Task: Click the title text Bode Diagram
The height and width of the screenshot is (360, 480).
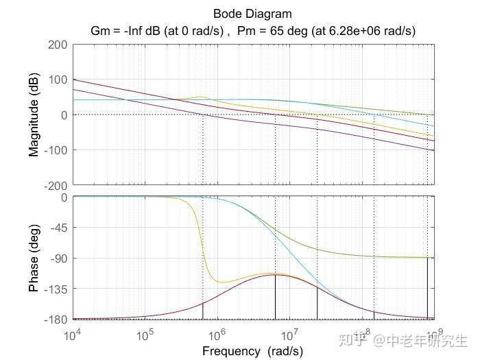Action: (x=252, y=14)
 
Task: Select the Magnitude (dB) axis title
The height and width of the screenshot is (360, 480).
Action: (x=34, y=115)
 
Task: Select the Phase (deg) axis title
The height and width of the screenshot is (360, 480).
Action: (x=34, y=259)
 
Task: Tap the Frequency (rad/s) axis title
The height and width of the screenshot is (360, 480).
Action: (x=252, y=351)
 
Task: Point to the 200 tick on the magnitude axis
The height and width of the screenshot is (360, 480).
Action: (x=58, y=45)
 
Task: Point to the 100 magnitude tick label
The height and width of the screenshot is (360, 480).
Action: (x=58, y=80)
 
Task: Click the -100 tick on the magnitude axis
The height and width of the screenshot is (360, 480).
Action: (x=56, y=150)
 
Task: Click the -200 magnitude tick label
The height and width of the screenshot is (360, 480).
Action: (x=56, y=185)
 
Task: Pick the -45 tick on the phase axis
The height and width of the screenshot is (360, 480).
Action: (x=59, y=228)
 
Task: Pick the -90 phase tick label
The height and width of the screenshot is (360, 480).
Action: (x=59, y=259)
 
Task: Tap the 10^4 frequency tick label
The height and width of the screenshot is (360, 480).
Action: (x=73, y=335)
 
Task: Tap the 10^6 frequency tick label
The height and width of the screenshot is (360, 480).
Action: (x=217, y=335)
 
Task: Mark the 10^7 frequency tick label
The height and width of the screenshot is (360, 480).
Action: (x=289, y=335)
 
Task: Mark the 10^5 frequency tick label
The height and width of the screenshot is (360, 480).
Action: (x=145, y=335)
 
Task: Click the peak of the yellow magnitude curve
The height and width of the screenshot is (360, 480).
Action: (x=201, y=97)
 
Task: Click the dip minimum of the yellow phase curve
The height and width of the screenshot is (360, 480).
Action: (x=221, y=282)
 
